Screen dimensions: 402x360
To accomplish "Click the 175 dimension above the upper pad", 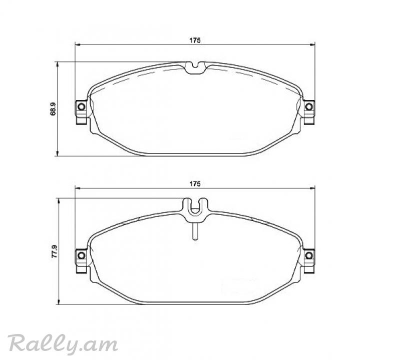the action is (195, 40).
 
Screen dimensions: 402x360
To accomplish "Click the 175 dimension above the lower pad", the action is (195, 184).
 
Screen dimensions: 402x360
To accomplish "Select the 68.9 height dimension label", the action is (53, 109).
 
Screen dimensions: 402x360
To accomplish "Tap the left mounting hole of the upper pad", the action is (81, 106).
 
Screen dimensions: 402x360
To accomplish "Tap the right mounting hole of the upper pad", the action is (309, 106).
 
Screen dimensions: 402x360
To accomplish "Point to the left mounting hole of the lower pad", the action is (81, 255).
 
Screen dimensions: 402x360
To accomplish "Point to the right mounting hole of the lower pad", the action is (309, 255).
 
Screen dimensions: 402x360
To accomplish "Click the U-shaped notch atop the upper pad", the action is (195, 68).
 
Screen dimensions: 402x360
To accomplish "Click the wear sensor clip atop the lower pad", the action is (195, 210).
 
